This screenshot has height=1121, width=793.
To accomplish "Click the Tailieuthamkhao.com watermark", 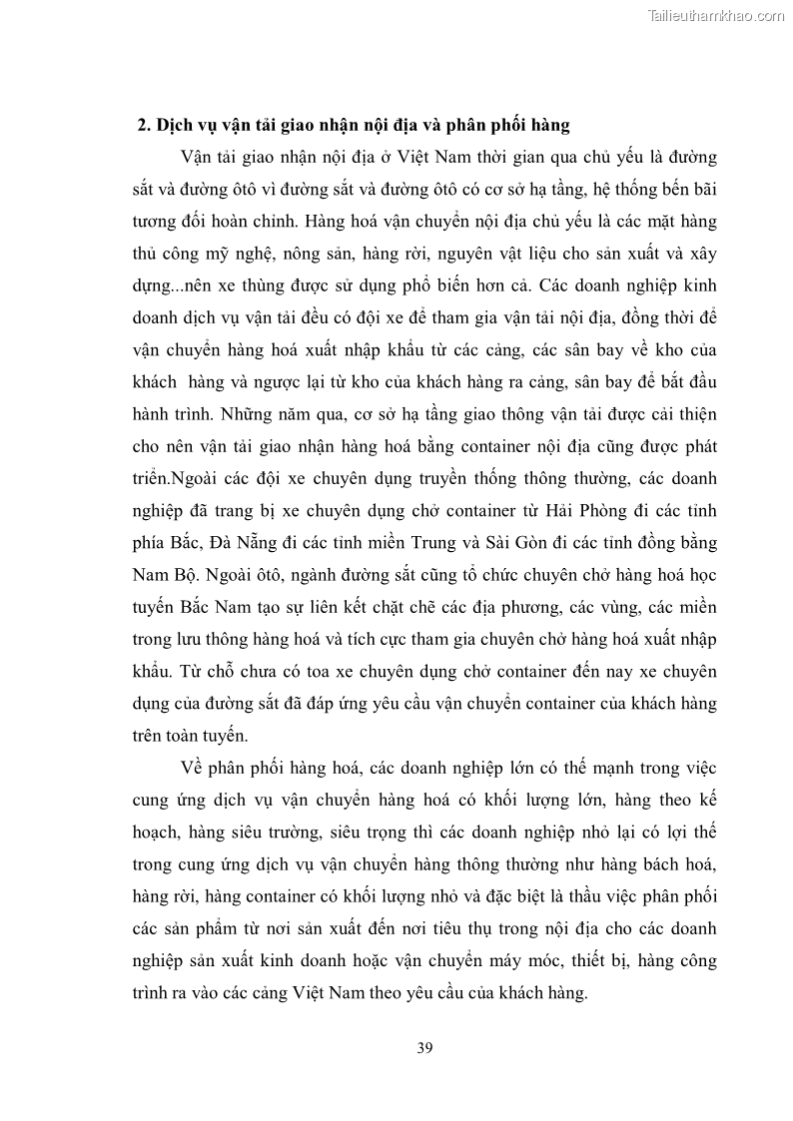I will tap(716, 15).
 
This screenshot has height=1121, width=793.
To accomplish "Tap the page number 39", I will tap(423, 1047).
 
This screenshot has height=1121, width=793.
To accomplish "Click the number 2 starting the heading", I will tap(141, 126).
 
